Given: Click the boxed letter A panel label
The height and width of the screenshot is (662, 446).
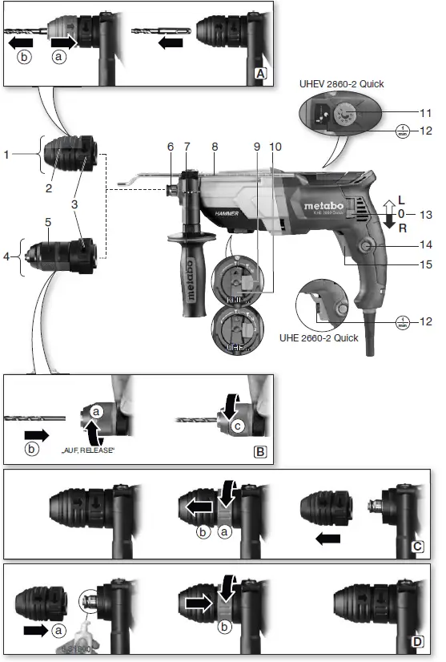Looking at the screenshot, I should [259, 73].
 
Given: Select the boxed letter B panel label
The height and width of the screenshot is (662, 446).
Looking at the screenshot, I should [259, 451].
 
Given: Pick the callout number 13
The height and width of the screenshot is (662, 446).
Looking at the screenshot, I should [425, 214].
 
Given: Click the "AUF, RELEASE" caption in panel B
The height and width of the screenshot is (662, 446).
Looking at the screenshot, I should [87, 451].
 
